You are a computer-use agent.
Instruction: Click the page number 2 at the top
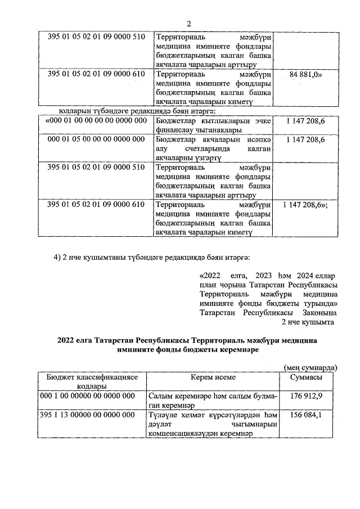(x=190, y=23)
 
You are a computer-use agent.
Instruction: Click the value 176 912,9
(x=306, y=397)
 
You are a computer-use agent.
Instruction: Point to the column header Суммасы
(x=306, y=377)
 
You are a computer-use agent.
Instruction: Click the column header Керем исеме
(x=213, y=377)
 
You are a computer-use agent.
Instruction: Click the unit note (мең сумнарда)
(x=310, y=367)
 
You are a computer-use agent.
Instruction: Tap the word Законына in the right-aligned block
(x=316, y=312)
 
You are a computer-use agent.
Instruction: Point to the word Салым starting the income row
(x=161, y=397)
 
